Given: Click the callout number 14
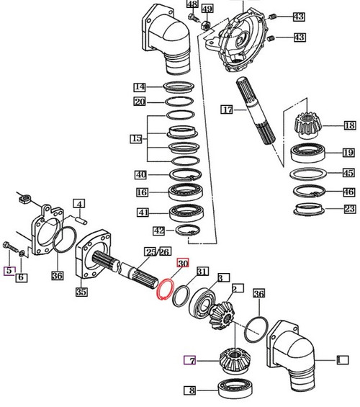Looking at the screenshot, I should [140, 86].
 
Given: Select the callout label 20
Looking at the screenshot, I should [140, 102].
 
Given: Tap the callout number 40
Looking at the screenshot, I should [140, 174].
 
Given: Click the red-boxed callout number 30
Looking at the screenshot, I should [182, 264].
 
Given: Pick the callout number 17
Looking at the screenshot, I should [228, 111].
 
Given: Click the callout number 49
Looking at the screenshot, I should [207, 8].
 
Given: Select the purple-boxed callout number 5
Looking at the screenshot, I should [9, 271].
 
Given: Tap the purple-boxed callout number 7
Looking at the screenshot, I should [190, 360].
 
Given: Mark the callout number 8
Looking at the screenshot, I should [190, 391].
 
